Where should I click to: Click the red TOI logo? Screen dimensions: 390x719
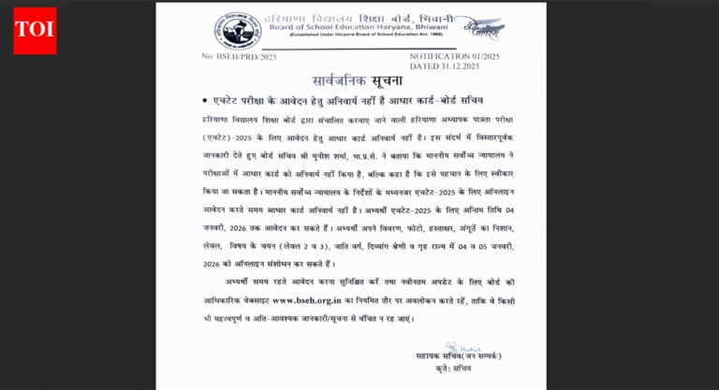[x=35, y=30]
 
